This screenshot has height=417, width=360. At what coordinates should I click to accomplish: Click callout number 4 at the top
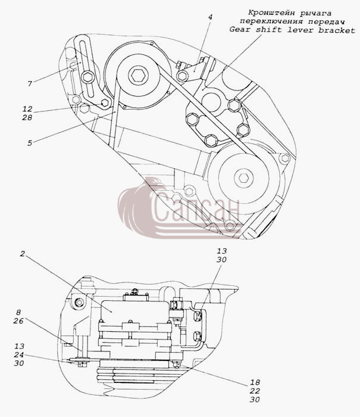[x=210, y=17]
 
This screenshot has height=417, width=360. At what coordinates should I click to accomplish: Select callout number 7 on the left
[x=30, y=83]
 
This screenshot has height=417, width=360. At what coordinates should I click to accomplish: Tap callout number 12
[x=27, y=109]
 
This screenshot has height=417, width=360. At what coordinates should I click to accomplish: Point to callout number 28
[x=27, y=117]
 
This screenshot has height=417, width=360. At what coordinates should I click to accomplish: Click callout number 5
[x=30, y=143]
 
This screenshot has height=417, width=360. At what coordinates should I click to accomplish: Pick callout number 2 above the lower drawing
[x=23, y=254]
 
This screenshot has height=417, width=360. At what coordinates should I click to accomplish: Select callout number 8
[x=18, y=312]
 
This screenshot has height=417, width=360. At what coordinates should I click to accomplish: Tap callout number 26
[x=18, y=321]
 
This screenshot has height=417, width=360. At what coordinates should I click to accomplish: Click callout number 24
[x=19, y=354]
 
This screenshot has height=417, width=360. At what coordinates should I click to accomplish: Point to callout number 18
[x=255, y=382]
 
